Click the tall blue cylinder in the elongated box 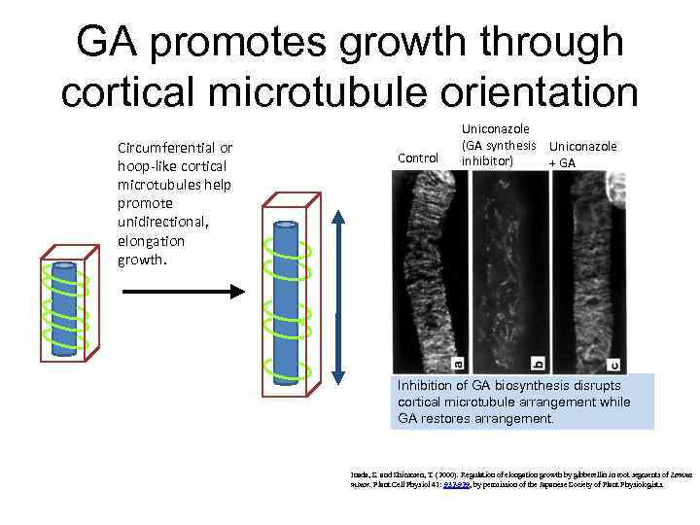288,301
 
